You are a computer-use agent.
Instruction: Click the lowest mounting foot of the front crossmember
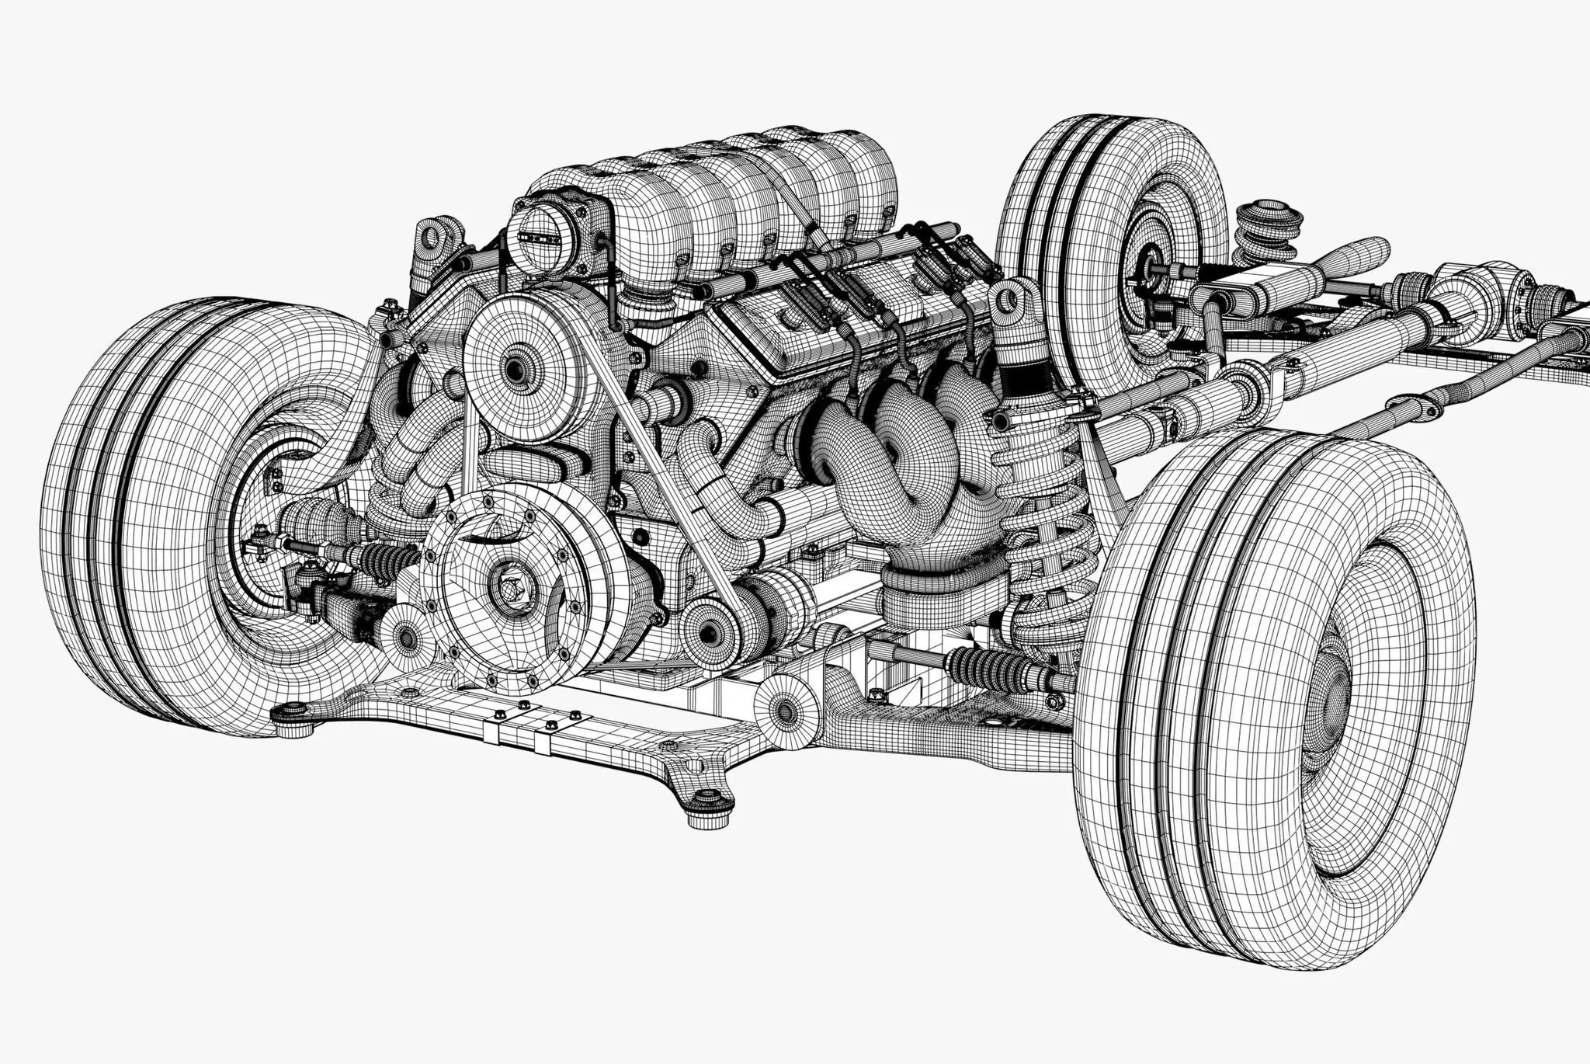click(x=706, y=808)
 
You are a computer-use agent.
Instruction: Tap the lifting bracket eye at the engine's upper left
click(x=430, y=235)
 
